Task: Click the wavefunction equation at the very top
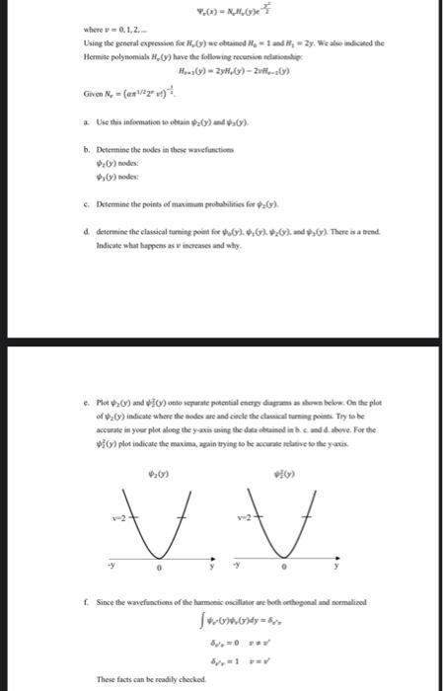(x=221, y=15)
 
